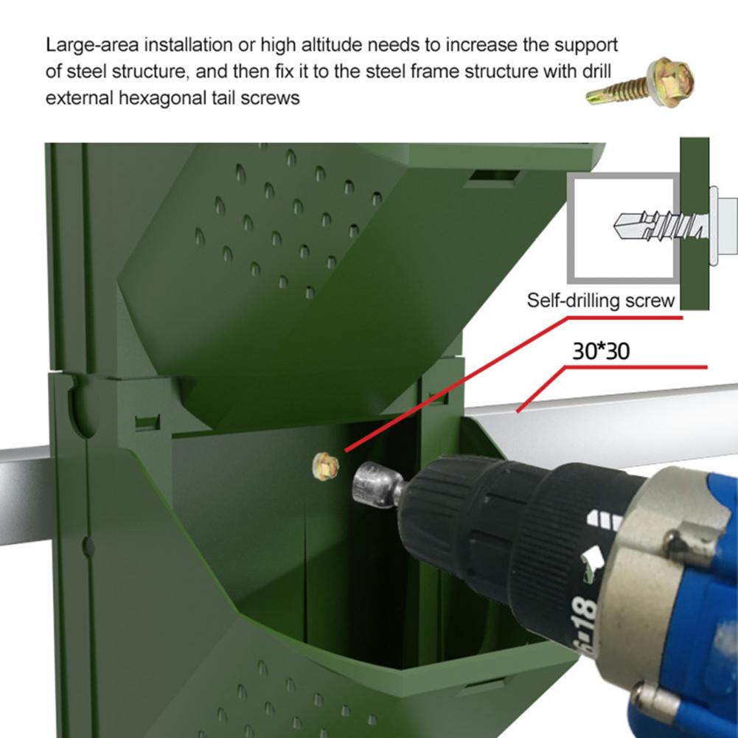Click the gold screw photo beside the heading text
pos(641,83)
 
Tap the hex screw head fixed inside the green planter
pos(325,467)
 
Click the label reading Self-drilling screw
pos(601,300)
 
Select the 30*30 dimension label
pos(601,351)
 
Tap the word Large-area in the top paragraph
pos(92,45)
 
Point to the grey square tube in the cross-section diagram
pos(624,229)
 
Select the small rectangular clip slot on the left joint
pos(147,422)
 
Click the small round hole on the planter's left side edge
pos(88,547)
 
